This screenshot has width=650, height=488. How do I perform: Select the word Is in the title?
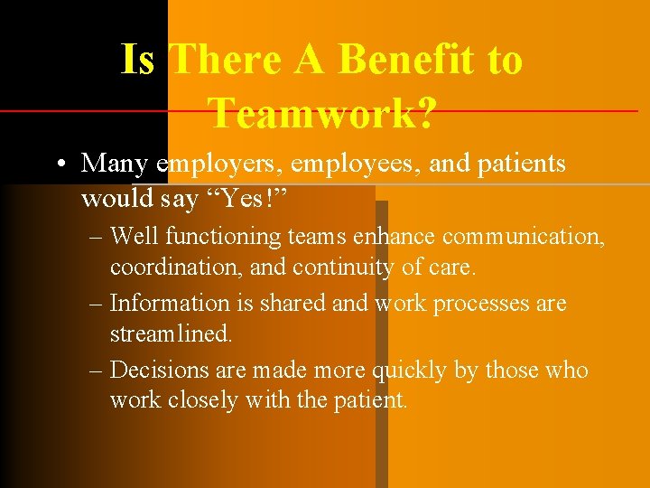click(138, 61)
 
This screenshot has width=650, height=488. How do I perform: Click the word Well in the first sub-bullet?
click(135, 237)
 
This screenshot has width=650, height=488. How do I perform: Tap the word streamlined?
click(172, 334)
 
